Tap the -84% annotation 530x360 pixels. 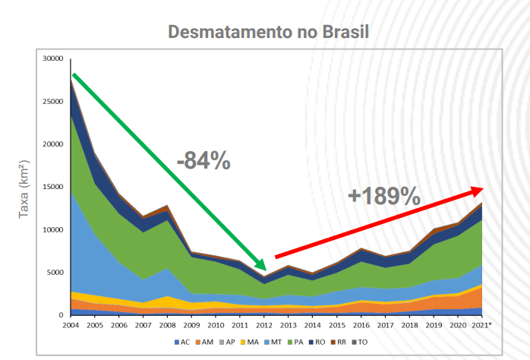[x=203, y=160]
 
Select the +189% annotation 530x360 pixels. [x=384, y=196]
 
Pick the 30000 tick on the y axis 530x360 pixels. [x=54, y=58]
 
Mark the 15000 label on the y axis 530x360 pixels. [x=54, y=187]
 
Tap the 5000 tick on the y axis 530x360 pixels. [x=56, y=273]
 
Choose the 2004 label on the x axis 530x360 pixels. [x=71, y=325]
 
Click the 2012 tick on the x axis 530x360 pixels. [x=265, y=325]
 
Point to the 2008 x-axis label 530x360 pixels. [x=168, y=325]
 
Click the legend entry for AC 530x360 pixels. [x=183, y=343]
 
